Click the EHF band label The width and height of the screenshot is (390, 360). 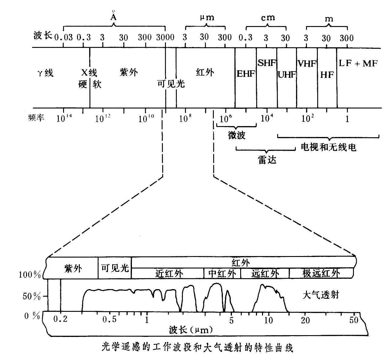245,74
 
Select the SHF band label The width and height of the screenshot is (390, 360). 267,63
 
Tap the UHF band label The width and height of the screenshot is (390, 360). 287,75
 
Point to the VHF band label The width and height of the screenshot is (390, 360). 307,64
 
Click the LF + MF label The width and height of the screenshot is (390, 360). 358,64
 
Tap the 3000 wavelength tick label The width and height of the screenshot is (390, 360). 165,38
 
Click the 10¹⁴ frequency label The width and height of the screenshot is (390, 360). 63,118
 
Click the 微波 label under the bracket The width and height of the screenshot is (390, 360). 237,135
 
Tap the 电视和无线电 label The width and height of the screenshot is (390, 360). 328,147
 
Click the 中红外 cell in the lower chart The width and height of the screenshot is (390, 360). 222,274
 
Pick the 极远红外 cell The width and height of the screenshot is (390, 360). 321,274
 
